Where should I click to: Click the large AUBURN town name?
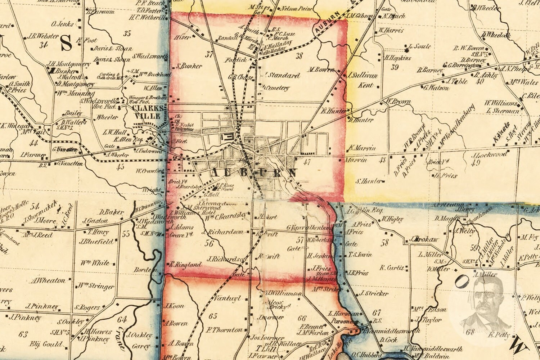pyautogui.click(x=253, y=173)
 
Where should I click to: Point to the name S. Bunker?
pyautogui.click(x=189, y=66)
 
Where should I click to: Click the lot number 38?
pyautogui.click(x=299, y=55)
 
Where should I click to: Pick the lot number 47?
pyautogui.click(x=307, y=162)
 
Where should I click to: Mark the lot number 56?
pyautogui.click(x=209, y=243)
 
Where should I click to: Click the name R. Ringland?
pyautogui.click(x=186, y=264)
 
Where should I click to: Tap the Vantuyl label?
pyautogui.click(x=227, y=298)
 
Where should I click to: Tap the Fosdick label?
pyautogui.click(x=236, y=60)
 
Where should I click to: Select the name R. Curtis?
pyautogui.click(x=392, y=268)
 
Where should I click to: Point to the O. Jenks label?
pyautogui.click(x=63, y=24)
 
